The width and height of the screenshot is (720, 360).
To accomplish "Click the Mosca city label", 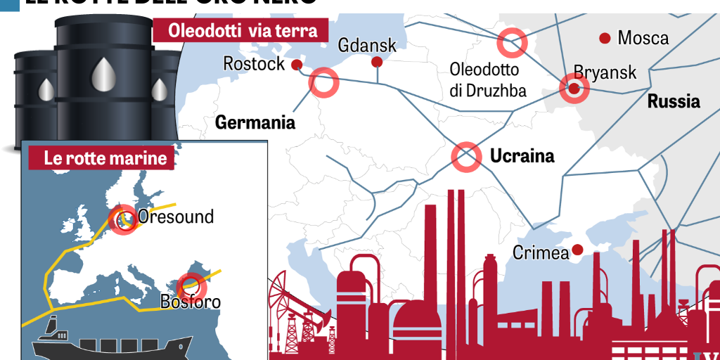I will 643,38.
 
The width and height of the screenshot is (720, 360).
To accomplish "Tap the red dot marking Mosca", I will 604,38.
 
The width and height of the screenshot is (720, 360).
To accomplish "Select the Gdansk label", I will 367,46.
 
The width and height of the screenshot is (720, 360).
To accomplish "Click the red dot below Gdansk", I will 376,63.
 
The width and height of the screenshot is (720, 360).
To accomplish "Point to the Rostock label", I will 254,64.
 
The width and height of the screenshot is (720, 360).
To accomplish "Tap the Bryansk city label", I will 605,72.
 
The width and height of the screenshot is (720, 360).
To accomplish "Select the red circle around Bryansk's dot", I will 574,89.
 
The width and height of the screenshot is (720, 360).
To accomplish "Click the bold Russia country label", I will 674,101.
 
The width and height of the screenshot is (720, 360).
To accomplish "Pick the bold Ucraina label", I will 522,155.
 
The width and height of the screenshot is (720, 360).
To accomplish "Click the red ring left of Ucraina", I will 465,157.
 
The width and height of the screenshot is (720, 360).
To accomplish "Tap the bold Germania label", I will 255,123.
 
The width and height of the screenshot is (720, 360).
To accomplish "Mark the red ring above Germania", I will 324,82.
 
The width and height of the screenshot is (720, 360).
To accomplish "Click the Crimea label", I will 541,253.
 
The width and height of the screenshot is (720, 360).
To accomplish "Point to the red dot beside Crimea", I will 577,250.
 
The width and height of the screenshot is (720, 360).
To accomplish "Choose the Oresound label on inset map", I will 176,217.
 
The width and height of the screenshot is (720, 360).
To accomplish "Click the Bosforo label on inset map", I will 190,302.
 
